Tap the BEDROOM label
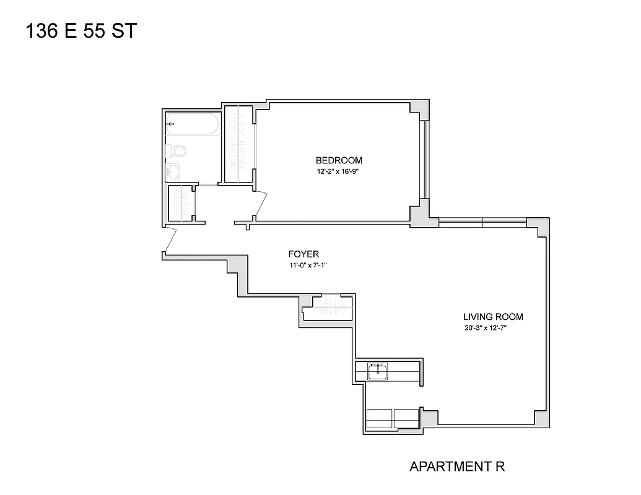coord(339,160)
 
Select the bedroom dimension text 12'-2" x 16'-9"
coord(339,172)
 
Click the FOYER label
coord(303,254)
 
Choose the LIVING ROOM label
coord(493,317)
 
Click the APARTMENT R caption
coord(457,467)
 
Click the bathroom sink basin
coord(173,170)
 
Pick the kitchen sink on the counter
coord(377,371)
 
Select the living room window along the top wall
coord(482,221)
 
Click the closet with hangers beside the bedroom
coord(238,144)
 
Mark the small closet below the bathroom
coord(181,203)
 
